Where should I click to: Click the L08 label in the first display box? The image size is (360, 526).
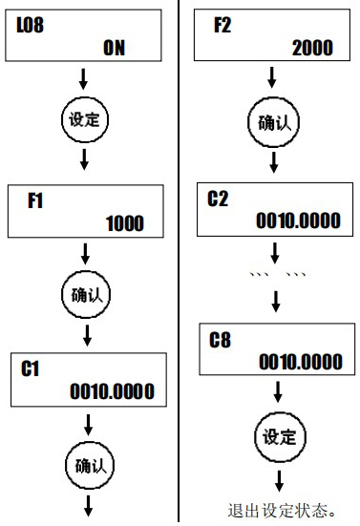click(32, 27)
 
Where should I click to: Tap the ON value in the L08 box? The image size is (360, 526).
click(114, 49)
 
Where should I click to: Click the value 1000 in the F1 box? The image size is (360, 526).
click(125, 224)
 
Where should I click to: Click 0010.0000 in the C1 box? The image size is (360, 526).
click(112, 392)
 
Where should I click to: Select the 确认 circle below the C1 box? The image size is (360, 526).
click(86, 466)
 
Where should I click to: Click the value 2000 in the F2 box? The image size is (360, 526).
click(312, 47)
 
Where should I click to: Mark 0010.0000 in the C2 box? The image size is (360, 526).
click(298, 221)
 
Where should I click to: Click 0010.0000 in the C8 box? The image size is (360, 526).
click(301, 362)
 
